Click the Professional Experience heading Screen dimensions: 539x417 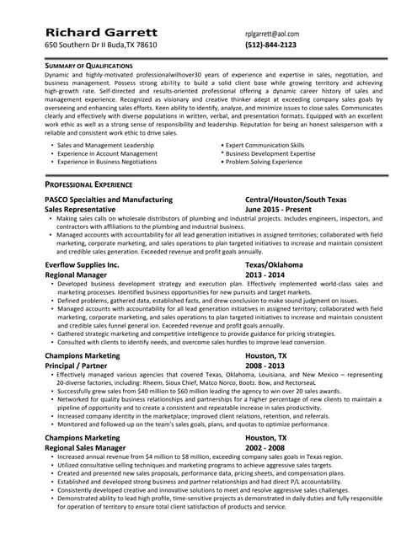(91, 183)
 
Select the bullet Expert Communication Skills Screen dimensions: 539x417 (265, 145)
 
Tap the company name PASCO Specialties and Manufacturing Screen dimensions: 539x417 (109, 200)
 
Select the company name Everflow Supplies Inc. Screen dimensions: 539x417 (82, 264)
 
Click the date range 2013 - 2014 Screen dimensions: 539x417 (265, 274)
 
